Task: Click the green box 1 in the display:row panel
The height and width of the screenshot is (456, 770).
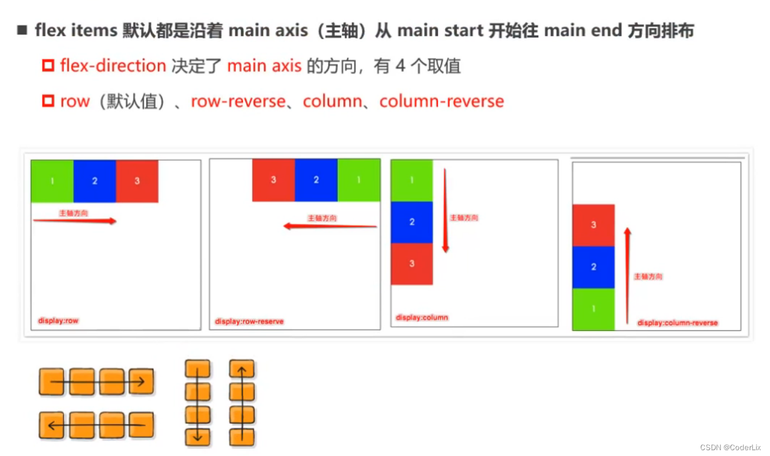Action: [52, 181]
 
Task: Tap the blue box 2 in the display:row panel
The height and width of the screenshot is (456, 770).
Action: [95, 181]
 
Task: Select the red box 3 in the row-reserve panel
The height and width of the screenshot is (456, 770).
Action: [273, 180]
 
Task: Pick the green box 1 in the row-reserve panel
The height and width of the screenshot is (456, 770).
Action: [359, 180]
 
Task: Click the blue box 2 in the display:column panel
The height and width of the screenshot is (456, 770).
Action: [411, 222]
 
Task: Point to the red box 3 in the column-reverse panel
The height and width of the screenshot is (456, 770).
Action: [593, 225]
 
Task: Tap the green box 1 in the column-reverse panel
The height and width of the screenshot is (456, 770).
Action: [593, 309]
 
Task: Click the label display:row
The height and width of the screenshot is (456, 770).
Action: [58, 320]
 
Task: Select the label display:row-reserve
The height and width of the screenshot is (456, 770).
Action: [249, 321]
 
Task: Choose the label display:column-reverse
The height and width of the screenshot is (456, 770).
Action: [678, 323]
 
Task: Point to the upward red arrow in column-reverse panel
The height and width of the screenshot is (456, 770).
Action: [627, 275]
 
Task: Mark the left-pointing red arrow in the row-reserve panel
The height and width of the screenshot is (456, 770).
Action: [330, 226]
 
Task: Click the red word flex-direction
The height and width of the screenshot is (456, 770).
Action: [113, 66]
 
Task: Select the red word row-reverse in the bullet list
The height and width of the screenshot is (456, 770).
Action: [238, 101]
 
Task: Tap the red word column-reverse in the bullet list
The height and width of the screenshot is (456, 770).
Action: [442, 101]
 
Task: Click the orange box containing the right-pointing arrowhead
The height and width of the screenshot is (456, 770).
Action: [141, 382]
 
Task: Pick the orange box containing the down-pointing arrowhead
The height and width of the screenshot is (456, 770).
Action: [198, 437]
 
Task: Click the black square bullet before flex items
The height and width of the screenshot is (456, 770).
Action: [23, 30]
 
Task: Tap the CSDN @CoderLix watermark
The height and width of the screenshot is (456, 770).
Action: [730, 447]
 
